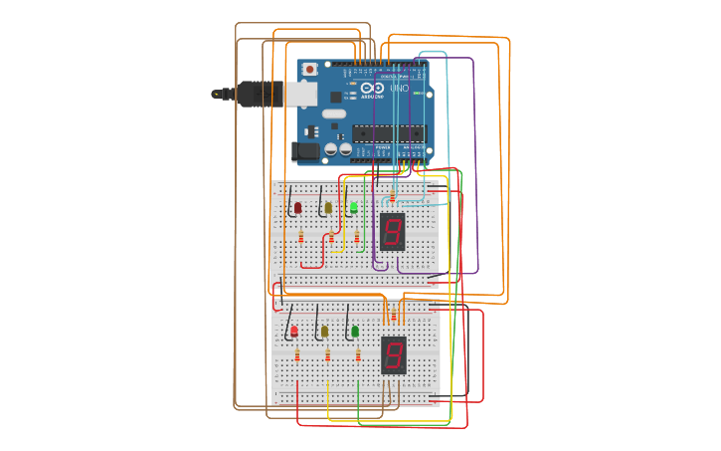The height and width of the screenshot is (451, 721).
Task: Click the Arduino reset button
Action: coord(309,70)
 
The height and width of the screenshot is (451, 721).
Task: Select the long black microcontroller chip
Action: coord(388,132)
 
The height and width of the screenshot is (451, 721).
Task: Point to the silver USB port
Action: coord(301,94)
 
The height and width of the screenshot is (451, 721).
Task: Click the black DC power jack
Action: coord(306,151)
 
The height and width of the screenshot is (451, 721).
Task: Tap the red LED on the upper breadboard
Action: coord(297,208)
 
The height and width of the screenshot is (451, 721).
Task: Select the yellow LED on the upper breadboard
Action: coord(327,208)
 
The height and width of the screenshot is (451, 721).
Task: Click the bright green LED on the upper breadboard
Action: coord(354,207)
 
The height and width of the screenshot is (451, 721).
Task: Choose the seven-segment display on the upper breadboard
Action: coord(393,231)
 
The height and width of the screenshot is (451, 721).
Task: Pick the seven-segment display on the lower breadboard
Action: coord(394,355)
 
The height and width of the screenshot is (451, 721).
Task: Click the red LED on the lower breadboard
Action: coord(293,332)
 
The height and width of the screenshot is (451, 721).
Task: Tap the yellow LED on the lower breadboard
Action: coord(324,332)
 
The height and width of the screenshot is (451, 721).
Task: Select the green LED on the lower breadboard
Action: coord(355,332)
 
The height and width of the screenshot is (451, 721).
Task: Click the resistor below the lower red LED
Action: coord(296,355)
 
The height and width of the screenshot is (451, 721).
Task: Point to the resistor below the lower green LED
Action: coord(358,355)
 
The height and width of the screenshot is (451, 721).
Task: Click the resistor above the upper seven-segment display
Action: coord(393,195)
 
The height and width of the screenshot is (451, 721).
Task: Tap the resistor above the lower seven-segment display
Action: coord(394,317)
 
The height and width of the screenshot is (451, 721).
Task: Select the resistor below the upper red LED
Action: coord(300,236)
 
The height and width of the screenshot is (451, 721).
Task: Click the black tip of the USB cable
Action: coord(217,94)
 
